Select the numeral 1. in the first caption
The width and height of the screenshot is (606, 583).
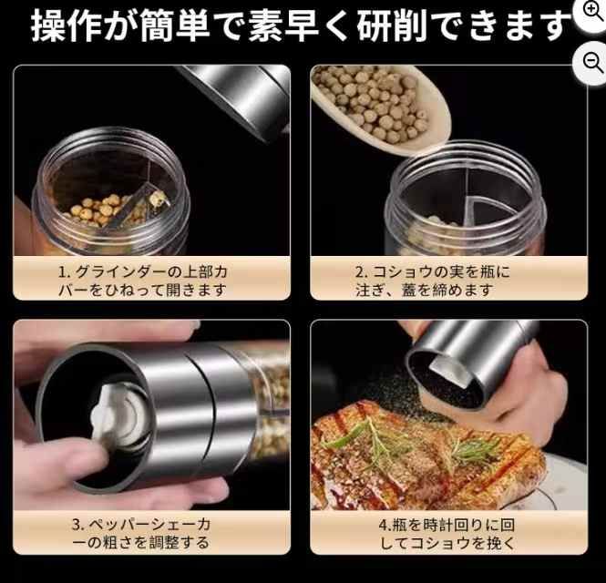point(64,271)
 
